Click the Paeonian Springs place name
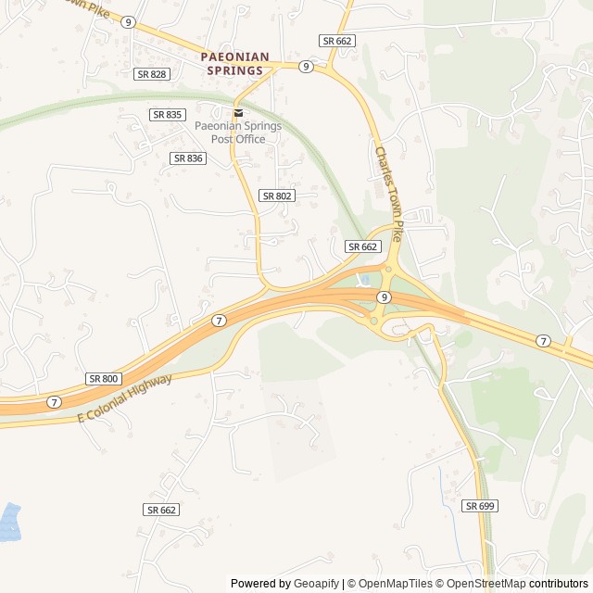point(235,63)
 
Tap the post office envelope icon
point(238,113)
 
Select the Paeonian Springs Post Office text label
point(238,132)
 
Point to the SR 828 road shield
point(151,73)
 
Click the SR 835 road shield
point(168,114)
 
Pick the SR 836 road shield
point(188,158)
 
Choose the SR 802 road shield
point(277,196)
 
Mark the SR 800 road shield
point(104,379)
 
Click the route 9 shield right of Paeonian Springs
point(305,67)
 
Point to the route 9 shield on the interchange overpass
point(384,296)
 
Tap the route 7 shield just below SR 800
point(55,402)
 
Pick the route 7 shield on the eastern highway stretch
point(543,341)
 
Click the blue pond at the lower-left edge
point(8,523)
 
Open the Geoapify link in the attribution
point(317,584)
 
